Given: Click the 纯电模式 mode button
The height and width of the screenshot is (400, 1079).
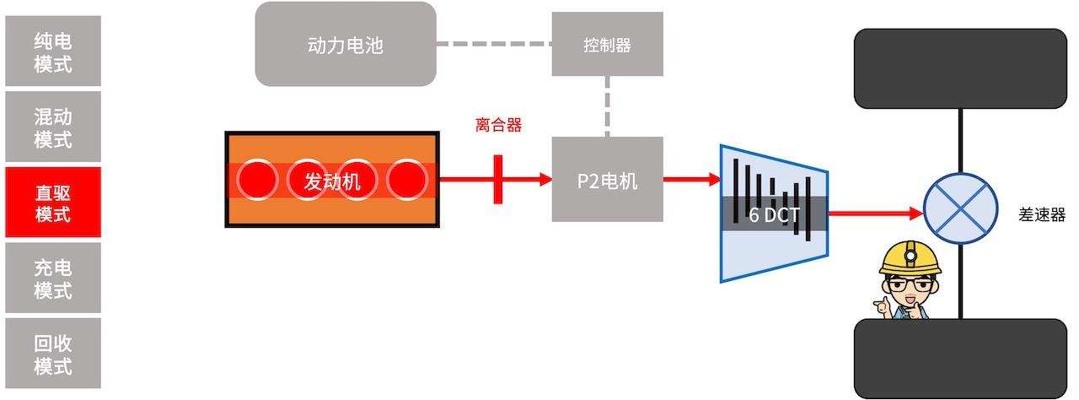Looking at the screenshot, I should coord(52,51).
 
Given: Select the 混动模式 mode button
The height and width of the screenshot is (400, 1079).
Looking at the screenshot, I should coord(52,127).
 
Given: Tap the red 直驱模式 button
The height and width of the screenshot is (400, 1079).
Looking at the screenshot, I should coord(52,202).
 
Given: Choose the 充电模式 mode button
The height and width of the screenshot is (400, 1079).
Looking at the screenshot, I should coord(52,278).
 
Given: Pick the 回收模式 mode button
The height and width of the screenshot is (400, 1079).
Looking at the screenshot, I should coord(52,354).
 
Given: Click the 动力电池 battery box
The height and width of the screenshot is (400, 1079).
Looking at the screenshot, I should coord(346,44).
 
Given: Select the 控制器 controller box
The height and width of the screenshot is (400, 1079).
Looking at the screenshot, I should coord(607,44).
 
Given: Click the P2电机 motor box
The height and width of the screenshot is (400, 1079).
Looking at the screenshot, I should coord(607,179).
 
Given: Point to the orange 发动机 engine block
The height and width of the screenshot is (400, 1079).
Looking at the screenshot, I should coord(331,179).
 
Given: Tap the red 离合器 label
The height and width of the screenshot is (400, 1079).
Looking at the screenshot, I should coord(498,126).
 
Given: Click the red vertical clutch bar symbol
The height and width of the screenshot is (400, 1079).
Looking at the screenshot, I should coord(498,179).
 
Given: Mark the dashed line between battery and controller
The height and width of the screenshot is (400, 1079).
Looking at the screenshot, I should coord(493,44).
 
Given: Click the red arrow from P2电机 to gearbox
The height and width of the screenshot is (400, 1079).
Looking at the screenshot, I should coord(691,179).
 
